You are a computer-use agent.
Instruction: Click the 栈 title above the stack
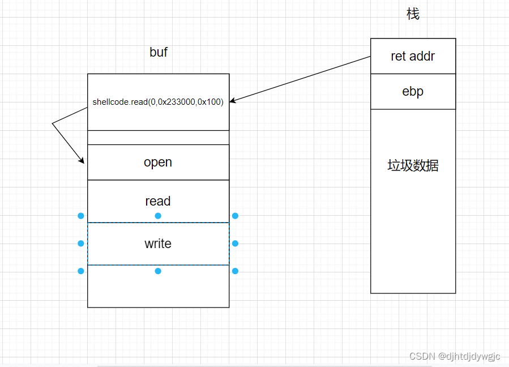click(413, 14)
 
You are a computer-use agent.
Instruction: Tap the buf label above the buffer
click(159, 53)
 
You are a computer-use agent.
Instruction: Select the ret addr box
click(413, 56)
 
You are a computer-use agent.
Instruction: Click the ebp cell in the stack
click(413, 91)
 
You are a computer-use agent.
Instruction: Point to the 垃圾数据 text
click(413, 165)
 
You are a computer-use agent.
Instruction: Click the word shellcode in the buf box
click(111, 103)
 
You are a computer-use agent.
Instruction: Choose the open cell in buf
click(158, 162)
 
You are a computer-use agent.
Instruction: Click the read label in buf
click(158, 201)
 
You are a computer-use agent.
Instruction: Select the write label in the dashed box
click(158, 244)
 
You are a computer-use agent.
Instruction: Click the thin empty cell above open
click(158, 138)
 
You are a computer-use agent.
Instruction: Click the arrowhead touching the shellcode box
click(232, 101)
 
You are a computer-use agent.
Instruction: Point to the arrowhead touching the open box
click(83, 161)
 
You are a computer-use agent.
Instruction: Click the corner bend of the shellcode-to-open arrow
click(53, 123)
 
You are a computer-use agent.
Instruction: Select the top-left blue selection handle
click(81, 216)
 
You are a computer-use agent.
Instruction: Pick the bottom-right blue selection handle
click(235, 271)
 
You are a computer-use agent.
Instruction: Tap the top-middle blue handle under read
click(158, 216)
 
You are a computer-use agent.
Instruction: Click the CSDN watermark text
click(455, 356)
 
